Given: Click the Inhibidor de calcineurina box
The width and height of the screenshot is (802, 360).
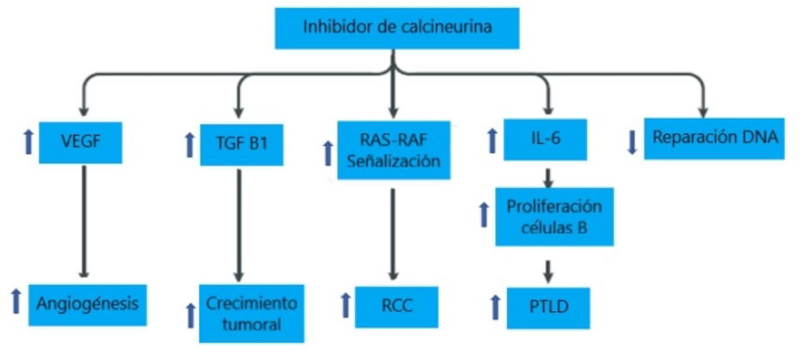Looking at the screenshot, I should click(x=396, y=27).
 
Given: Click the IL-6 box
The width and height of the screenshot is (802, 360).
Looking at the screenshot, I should click(x=546, y=137).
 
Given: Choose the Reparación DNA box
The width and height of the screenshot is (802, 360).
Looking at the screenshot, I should click(x=713, y=137).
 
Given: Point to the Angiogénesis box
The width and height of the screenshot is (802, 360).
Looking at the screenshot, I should click(x=88, y=303).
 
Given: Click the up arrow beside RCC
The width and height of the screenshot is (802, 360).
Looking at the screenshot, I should click(x=345, y=305).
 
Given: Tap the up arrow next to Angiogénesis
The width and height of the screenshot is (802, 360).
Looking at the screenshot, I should click(x=15, y=302).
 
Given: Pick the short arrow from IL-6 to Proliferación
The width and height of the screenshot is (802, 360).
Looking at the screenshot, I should click(x=547, y=174).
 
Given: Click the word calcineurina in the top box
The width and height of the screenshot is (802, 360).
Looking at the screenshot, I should click(x=446, y=27).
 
